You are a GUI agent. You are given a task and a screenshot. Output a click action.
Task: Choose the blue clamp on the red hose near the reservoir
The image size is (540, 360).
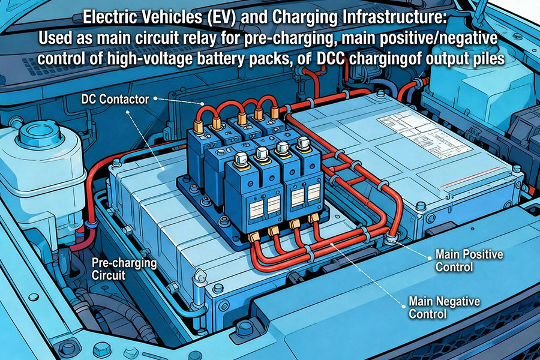click(91, 223)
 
